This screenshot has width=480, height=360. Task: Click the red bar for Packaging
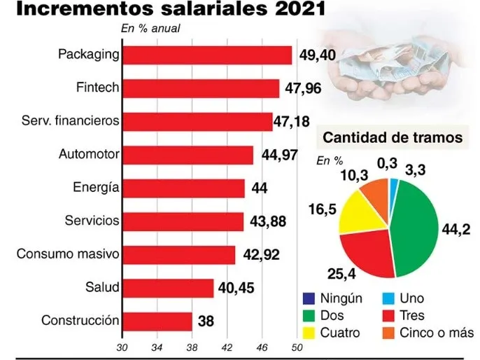point(207,55)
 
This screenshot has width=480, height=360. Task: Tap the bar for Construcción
point(157,321)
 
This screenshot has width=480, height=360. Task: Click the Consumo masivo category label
point(68,254)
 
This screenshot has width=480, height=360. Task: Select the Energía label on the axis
point(95,188)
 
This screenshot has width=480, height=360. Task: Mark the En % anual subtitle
point(151,29)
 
